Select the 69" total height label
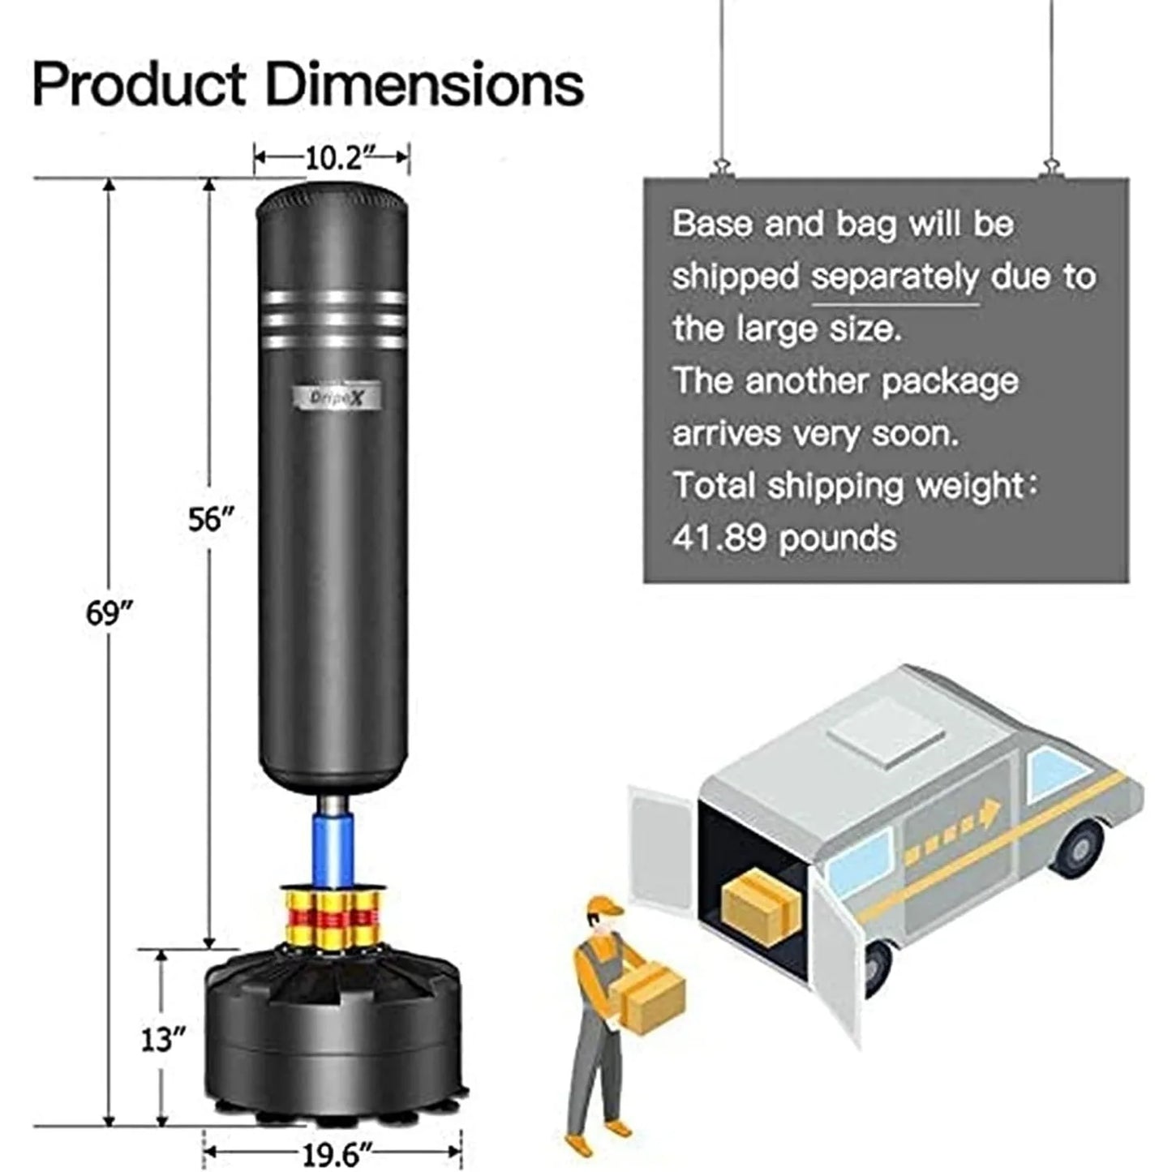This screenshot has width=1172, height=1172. [109, 614]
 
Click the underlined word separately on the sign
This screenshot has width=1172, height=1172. [895, 277]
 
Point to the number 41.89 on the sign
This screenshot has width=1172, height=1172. [719, 538]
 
